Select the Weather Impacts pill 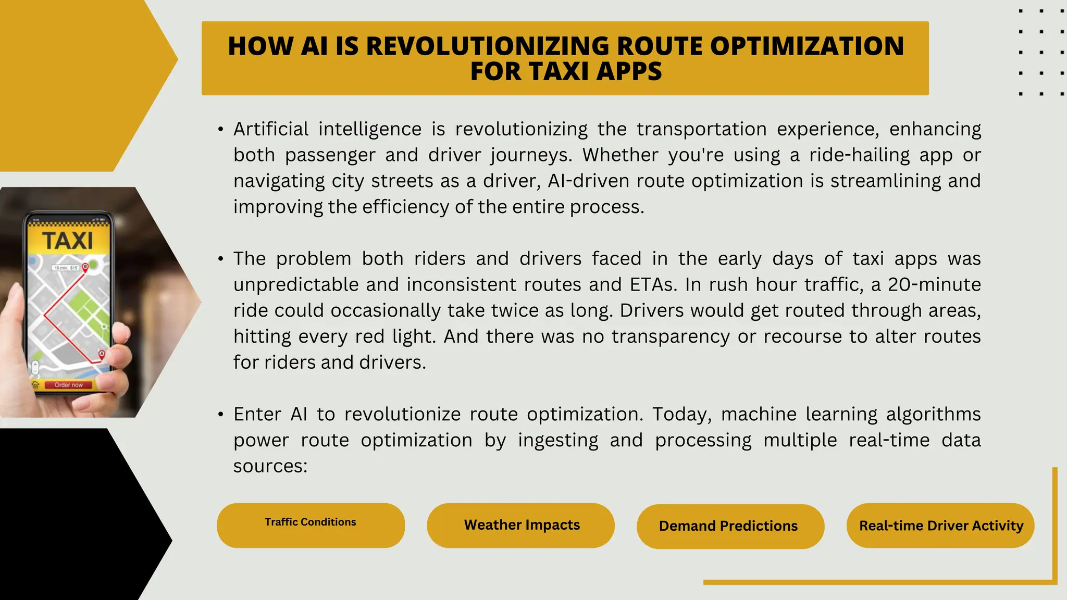click(521, 525)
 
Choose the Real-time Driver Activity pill click(940, 526)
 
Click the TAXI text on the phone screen click(68, 241)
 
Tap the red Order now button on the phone click(68, 385)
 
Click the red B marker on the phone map click(85, 267)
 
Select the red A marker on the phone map click(102, 355)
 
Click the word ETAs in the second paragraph click(653, 285)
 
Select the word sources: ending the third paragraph click(270, 466)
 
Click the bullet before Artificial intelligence click(221, 129)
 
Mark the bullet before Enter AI click(221, 415)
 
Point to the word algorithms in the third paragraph click(933, 415)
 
